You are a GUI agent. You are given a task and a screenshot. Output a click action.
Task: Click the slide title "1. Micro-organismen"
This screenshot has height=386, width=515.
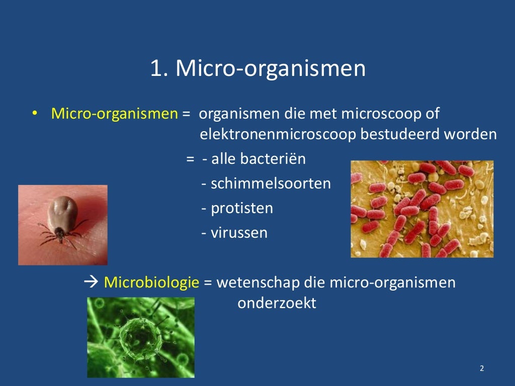(x=257, y=69)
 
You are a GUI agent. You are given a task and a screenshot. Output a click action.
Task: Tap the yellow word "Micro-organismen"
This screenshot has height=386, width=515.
(x=114, y=114)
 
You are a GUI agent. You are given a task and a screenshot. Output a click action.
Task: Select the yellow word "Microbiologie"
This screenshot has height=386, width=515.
(x=151, y=282)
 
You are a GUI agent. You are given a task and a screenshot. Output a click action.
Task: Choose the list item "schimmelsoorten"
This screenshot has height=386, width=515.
(x=271, y=183)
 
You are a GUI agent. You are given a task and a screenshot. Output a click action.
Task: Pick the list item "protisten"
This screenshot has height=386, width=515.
(x=241, y=208)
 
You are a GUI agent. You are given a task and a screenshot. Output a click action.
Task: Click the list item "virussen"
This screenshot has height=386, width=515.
(x=239, y=233)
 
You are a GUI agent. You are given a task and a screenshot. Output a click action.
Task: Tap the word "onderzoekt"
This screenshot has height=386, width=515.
(x=277, y=304)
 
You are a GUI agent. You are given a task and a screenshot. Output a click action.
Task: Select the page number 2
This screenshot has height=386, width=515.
(x=482, y=368)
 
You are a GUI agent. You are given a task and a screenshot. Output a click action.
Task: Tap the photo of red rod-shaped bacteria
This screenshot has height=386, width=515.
(x=421, y=209)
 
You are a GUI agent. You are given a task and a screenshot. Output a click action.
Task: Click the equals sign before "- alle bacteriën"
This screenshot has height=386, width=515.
(x=190, y=159)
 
